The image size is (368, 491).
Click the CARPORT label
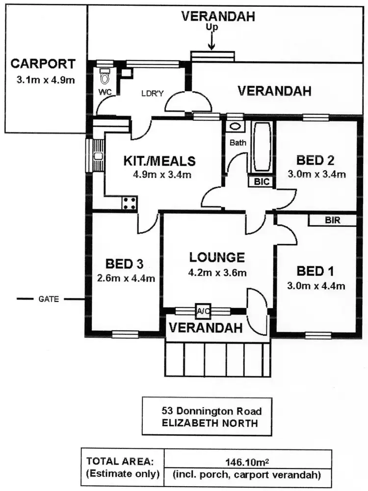(x=44, y=64)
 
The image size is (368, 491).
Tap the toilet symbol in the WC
(x=104, y=77)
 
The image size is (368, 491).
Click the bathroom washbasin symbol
(x=236, y=126)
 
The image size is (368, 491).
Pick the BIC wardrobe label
(x=263, y=181)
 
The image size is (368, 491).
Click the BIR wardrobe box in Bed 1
(x=332, y=220)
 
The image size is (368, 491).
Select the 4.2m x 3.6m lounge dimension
(x=217, y=273)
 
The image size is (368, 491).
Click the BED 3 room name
(x=127, y=264)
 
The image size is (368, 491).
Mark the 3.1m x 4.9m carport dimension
(x=44, y=79)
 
